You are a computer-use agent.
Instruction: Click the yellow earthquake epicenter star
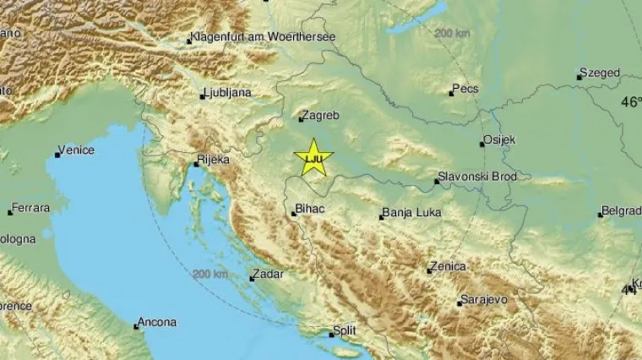coord(313,157)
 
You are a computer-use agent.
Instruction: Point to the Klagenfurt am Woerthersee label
coord(264,37)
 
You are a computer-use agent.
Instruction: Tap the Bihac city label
coord(310,210)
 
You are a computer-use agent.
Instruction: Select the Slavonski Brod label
coord(477,177)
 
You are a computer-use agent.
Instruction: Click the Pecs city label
coord(466,89)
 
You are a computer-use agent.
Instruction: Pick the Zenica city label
coord(448,267)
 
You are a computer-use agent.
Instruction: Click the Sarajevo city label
coord(484,300)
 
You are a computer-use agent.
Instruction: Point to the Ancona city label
coord(158,322)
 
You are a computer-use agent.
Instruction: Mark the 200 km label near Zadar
coord(210,275)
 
